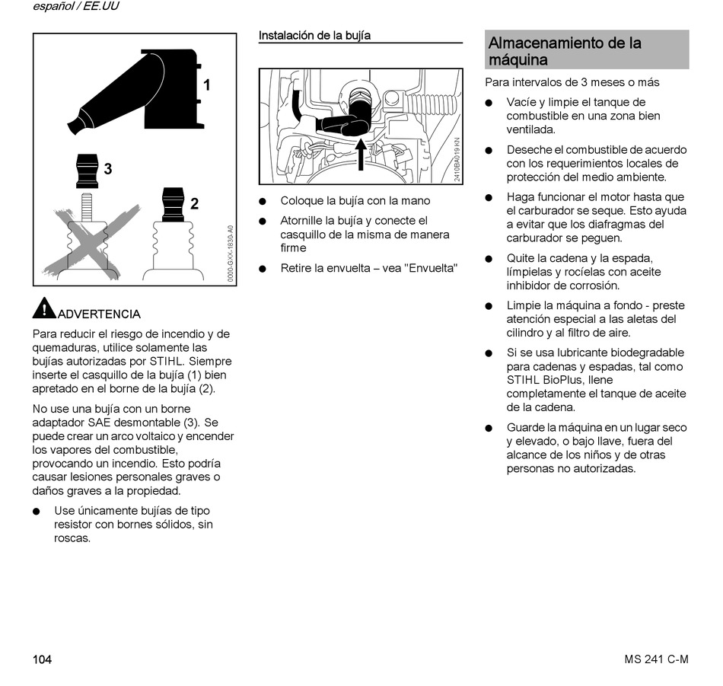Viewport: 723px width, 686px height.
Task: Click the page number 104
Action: pyautogui.click(x=42, y=659)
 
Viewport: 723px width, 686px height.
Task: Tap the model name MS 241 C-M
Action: pyautogui.click(x=651, y=659)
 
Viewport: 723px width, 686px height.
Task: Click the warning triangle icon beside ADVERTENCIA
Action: pyautogui.click(x=44, y=308)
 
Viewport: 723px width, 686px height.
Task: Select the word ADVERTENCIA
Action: pyautogui.click(x=100, y=314)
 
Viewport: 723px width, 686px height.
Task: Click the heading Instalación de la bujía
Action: pyautogui.click(x=314, y=35)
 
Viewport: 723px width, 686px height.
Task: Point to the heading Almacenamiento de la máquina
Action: pyautogui.click(x=565, y=51)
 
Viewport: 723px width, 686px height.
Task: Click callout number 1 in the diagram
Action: pyautogui.click(x=206, y=85)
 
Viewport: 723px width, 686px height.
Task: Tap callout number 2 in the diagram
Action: pyautogui.click(x=195, y=203)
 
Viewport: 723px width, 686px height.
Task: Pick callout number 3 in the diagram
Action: pyautogui.click(x=108, y=169)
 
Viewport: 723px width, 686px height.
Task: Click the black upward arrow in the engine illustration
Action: pyautogui.click(x=361, y=153)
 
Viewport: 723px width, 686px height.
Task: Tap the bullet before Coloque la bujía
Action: pyautogui.click(x=263, y=202)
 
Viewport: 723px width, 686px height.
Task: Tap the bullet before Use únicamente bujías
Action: pyautogui.click(x=37, y=511)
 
